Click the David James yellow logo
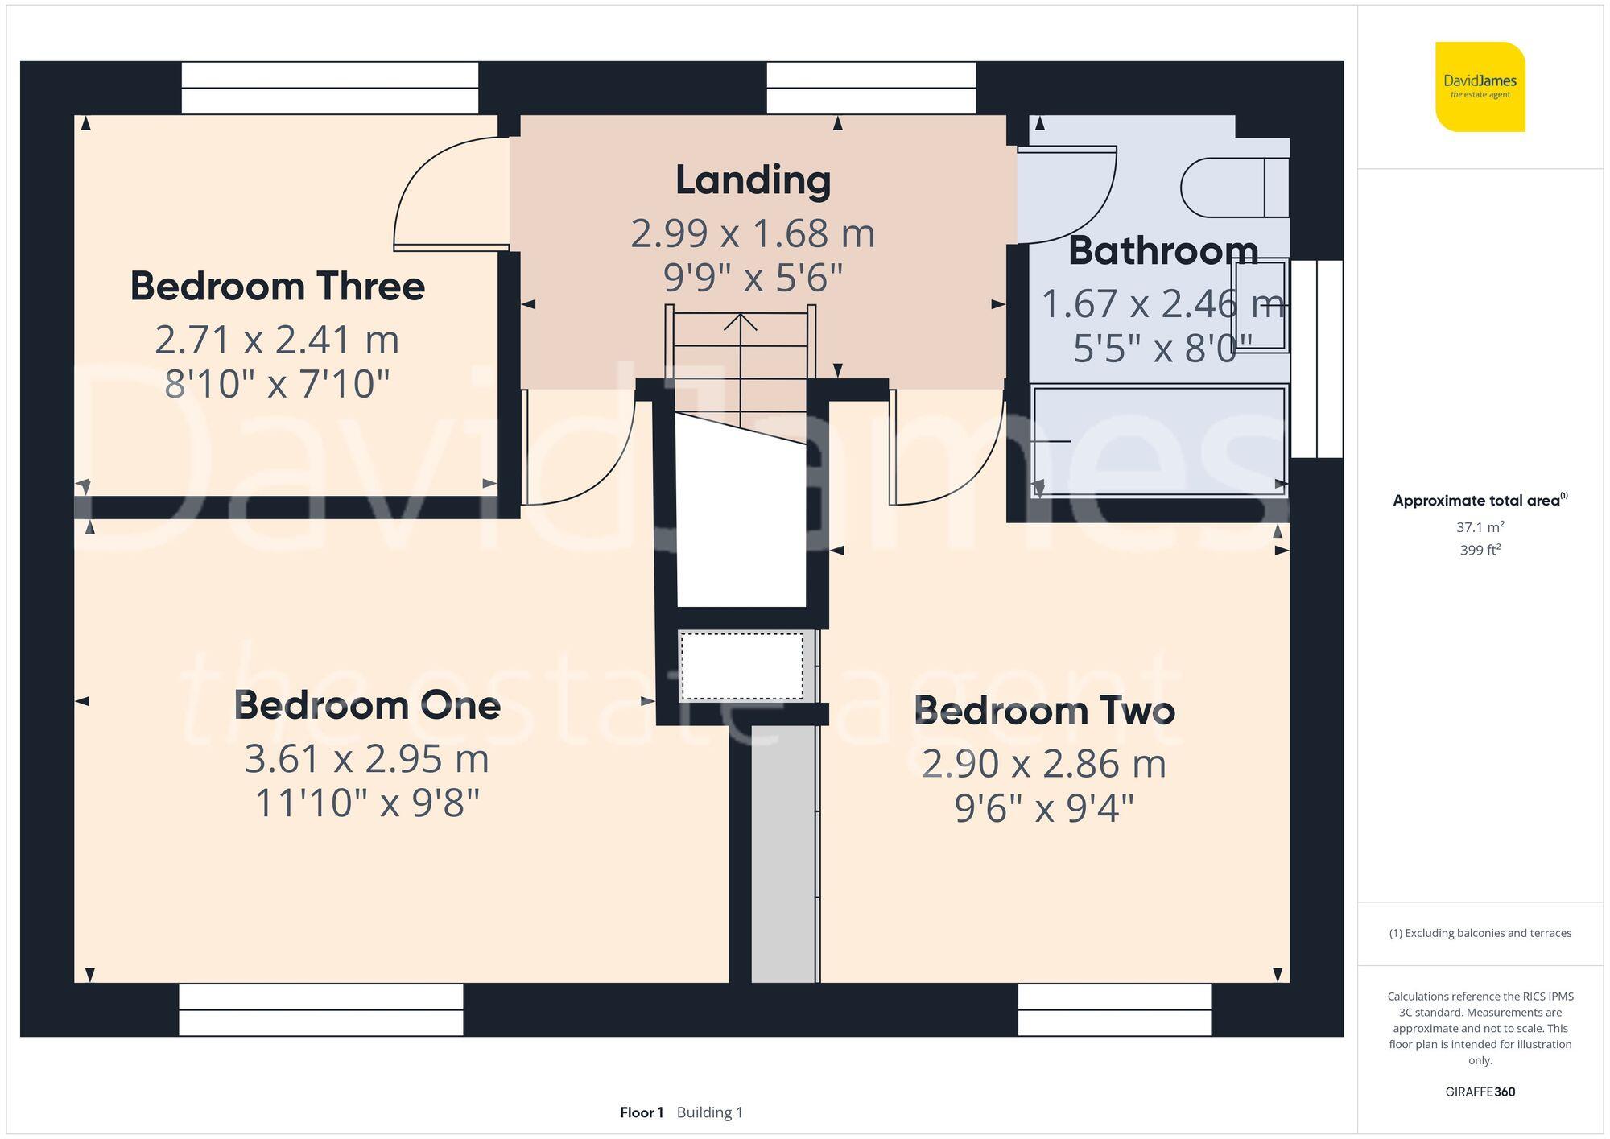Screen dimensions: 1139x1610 (x=1480, y=87)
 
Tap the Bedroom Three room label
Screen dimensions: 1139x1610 (x=278, y=287)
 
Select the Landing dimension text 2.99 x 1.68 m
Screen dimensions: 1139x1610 (x=753, y=234)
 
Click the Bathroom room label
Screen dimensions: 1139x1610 (x=1162, y=251)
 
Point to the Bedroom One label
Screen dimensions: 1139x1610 (x=367, y=706)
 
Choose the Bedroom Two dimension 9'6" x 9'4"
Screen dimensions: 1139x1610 (x=1044, y=808)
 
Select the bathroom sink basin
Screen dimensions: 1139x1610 (x=1261, y=305)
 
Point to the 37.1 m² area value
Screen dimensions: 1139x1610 (x=1480, y=527)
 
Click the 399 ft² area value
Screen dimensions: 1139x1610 (x=1480, y=551)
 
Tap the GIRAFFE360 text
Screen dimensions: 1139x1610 (x=1480, y=1092)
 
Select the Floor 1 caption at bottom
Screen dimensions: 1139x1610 (x=642, y=1112)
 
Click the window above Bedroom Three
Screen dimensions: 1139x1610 (x=329, y=88)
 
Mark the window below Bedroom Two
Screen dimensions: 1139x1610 (x=1114, y=1009)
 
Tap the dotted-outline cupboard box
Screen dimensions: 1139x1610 (x=741, y=666)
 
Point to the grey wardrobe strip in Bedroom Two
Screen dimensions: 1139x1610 (x=783, y=853)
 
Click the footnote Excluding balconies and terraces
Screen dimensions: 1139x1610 (x=1480, y=933)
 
